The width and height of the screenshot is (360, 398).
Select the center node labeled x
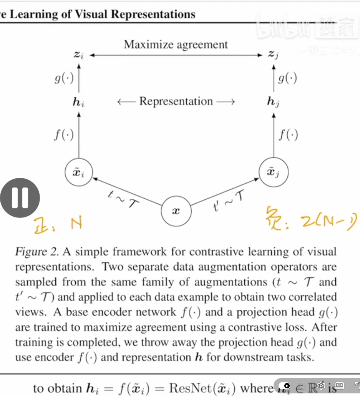pyautogui.click(x=176, y=211)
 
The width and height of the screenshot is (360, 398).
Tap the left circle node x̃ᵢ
pyautogui.click(x=79, y=172)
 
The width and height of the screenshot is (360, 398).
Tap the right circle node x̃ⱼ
pyautogui.click(x=273, y=172)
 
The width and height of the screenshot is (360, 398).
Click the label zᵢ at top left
pyautogui.click(x=79, y=55)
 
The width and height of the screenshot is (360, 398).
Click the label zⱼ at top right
pyautogui.click(x=273, y=55)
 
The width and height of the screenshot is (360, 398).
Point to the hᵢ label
pyautogui.click(x=79, y=102)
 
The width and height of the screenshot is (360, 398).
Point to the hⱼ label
pyautogui.click(x=273, y=102)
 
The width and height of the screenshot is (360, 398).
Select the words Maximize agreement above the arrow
pyautogui.click(x=176, y=45)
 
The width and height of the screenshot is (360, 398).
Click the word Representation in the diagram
pyautogui.click(x=176, y=101)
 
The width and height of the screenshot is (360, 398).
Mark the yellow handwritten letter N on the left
pyautogui.click(x=76, y=223)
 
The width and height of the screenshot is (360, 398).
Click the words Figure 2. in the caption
pyautogui.click(x=37, y=252)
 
